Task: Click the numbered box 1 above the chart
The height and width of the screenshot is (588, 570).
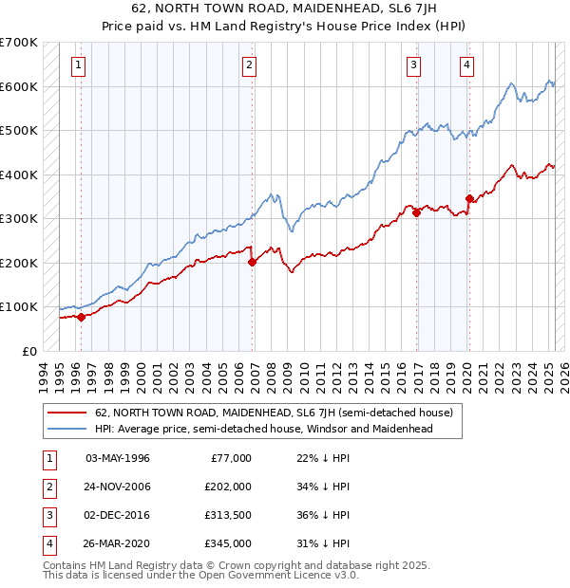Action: pyautogui.click(x=77, y=65)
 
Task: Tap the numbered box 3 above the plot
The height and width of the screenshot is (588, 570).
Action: pyautogui.click(x=414, y=65)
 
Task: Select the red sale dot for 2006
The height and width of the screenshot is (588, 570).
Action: pyautogui.click(x=252, y=262)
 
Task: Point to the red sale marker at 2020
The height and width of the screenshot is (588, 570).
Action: pyautogui.click(x=469, y=198)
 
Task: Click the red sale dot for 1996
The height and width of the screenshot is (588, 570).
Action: pyautogui.click(x=81, y=317)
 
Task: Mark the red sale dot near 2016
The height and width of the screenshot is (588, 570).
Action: pyautogui.click(x=417, y=212)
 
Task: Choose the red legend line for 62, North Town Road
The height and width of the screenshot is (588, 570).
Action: pyautogui.click(x=66, y=413)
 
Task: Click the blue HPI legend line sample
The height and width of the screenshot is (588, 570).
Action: pyautogui.click(x=66, y=429)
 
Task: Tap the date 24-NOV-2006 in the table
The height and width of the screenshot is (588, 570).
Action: pyautogui.click(x=118, y=486)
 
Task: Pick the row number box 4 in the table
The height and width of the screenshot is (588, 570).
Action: pyautogui.click(x=47, y=543)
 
